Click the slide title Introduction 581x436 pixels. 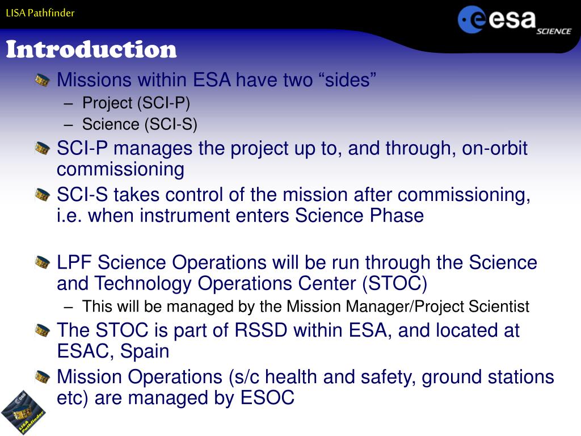(91, 49)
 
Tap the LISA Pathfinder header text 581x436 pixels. (40, 13)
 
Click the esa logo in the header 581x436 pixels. (496, 19)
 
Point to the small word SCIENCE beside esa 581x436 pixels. (554, 32)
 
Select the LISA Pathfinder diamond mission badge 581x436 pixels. (23, 412)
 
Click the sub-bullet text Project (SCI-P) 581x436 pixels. (136, 103)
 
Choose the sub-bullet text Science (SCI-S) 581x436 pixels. (140, 124)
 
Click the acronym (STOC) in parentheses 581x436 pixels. (395, 283)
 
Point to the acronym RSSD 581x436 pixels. (261, 330)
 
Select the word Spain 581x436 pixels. (145, 351)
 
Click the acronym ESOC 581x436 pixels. (267, 398)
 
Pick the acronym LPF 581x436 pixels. (74, 262)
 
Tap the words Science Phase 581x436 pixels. (359, 215)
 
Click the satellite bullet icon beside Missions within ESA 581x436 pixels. (42, 80)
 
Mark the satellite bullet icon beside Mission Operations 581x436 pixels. (42, 377)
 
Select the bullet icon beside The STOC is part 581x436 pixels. (42, 330)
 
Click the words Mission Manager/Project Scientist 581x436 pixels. (408, 307)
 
